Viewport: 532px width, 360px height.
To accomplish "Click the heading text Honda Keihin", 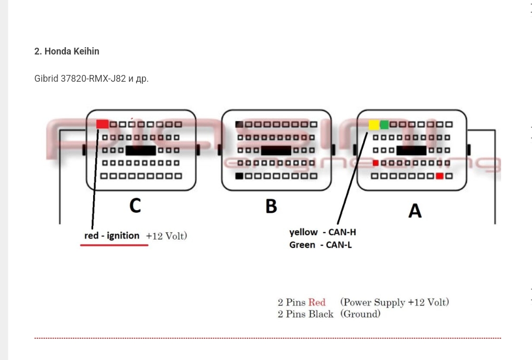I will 72,51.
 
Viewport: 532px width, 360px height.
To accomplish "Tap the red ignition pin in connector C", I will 103,124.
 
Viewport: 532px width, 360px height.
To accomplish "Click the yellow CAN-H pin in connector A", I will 374,125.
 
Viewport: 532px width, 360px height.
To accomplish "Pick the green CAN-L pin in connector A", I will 384,125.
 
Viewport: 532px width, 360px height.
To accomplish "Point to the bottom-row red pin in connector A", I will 440,176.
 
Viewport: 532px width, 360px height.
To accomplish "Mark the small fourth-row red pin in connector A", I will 375,163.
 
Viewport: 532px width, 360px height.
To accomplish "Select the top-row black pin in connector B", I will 239,125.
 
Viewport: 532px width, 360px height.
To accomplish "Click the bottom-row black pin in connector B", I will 239,176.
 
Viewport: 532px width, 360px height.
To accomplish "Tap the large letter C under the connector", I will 135,205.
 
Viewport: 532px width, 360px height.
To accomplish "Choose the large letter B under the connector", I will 271,206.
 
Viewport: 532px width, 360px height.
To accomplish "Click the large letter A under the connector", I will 415,211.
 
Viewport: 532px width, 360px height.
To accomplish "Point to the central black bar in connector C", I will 140,150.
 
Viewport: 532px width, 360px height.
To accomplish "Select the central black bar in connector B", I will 276,150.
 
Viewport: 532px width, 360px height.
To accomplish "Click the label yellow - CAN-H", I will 323,232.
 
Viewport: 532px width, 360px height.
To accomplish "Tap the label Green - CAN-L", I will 320,245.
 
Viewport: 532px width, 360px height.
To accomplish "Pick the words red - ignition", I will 112,236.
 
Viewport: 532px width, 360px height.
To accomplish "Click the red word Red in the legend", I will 317,302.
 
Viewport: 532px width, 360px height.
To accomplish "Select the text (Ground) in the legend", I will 360,314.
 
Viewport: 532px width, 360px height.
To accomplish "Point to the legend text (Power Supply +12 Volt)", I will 394,302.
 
